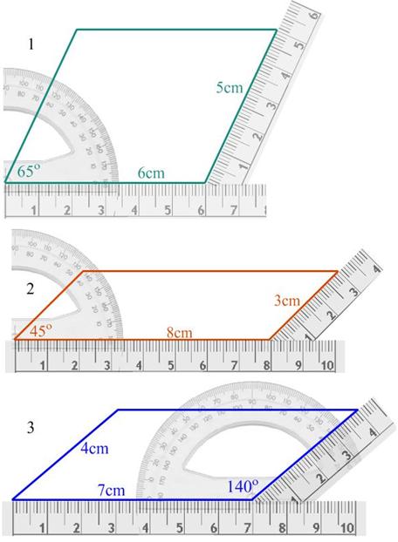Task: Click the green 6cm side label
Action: [151, 173]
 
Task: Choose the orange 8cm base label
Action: [179, 332]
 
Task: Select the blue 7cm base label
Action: [112, 491]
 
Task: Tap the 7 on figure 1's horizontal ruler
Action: [233, 210]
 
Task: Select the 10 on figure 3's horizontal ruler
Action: [347, 527]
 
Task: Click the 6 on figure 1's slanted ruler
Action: [312, 15]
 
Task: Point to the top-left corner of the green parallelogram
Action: [77, 30]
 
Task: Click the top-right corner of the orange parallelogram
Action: [338, 271]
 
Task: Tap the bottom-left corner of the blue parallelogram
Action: [12, 499]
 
